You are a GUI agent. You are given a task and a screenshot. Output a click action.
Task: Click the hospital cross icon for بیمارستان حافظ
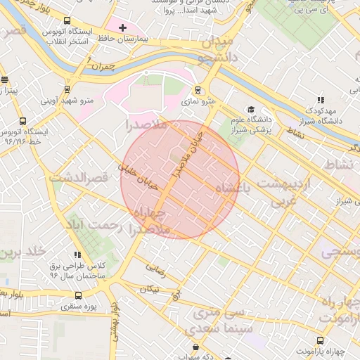[123, 28]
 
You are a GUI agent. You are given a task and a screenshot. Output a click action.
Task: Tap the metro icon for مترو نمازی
[198, 90]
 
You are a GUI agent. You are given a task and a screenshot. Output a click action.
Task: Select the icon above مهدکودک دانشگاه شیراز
[321, 101]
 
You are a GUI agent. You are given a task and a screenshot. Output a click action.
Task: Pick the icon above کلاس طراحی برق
[77, 255]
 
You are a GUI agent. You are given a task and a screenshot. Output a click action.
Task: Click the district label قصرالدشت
[78, 177]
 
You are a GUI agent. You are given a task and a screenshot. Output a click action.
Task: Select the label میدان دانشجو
[213, 46]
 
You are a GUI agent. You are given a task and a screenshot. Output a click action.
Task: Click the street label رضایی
[155, 268]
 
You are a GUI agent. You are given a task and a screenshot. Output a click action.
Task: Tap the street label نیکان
[150, 288]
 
